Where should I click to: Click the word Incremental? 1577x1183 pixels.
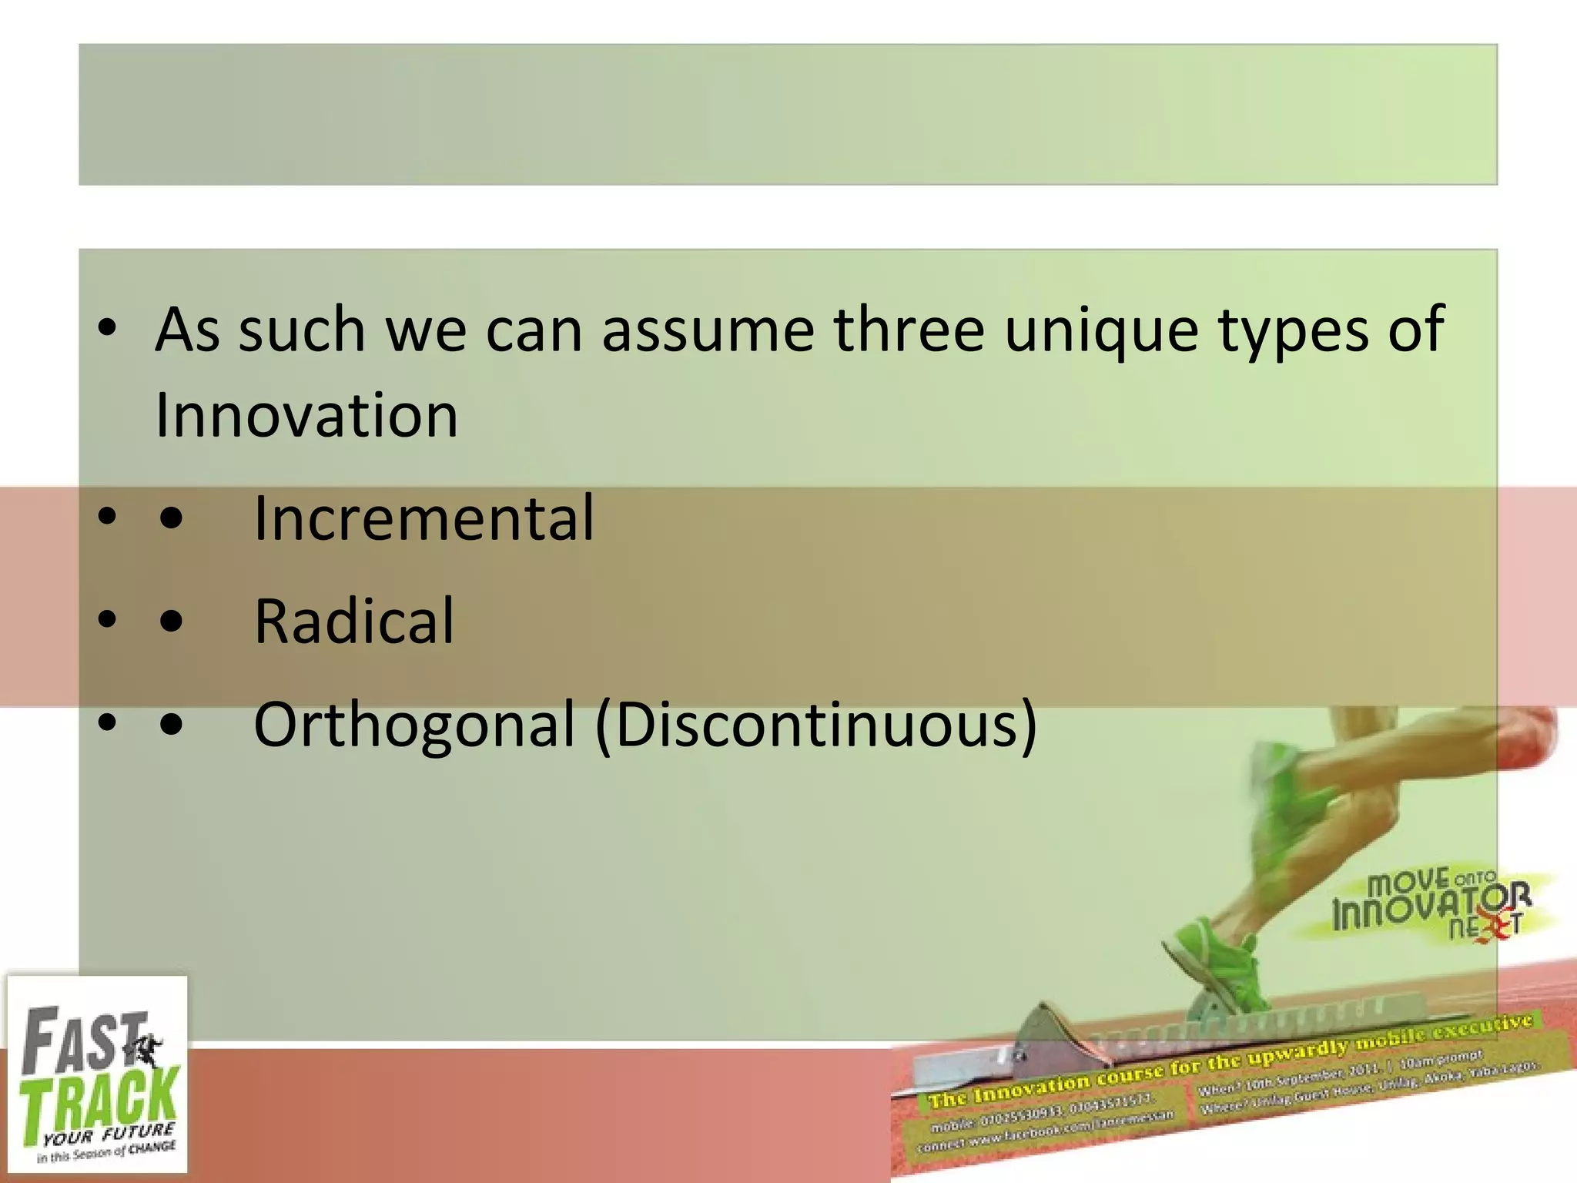424,518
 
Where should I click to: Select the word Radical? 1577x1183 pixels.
354,622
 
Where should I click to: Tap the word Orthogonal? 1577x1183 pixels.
414,725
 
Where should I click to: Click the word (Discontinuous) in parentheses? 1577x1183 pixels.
816,725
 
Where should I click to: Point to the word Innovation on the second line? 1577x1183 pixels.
306,416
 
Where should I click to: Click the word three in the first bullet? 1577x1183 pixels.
909,330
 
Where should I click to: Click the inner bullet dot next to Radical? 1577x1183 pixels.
171,622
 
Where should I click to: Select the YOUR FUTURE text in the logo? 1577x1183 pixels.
108,1134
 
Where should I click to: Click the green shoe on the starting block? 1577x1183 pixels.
1217,963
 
